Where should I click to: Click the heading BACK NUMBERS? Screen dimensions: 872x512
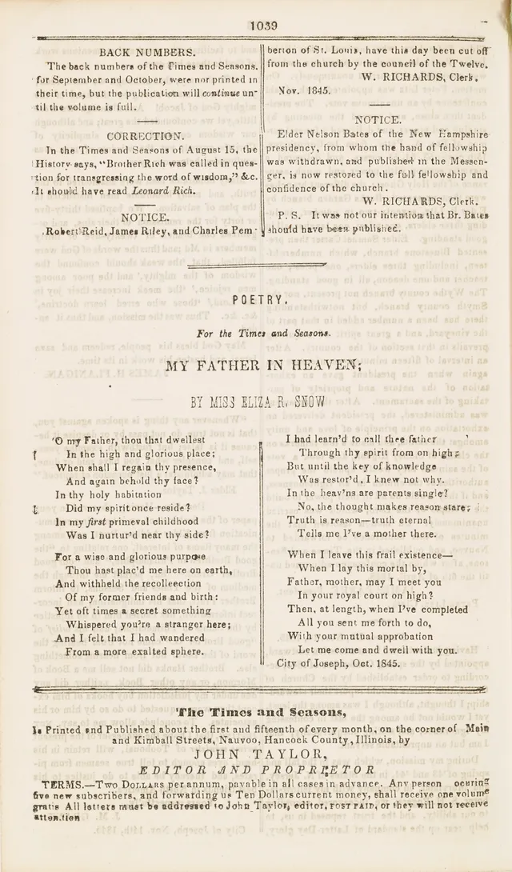[147, 52]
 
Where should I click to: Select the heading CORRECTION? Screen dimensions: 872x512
[145, 136]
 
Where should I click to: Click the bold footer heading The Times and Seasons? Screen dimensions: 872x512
[261, 712]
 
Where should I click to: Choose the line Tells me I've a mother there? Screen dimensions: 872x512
[367, 533]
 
